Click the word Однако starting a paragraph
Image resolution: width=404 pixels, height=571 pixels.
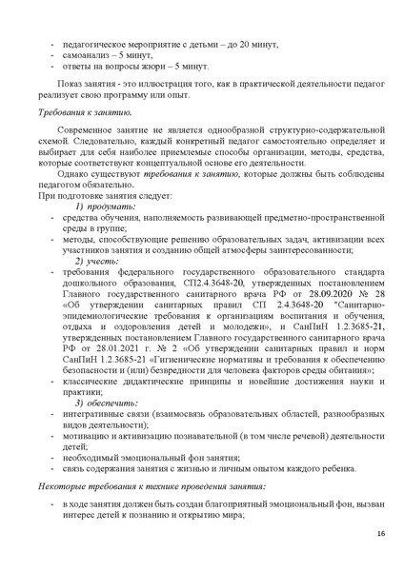pos(74,175)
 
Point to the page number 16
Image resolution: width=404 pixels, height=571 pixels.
pos(379,532)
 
